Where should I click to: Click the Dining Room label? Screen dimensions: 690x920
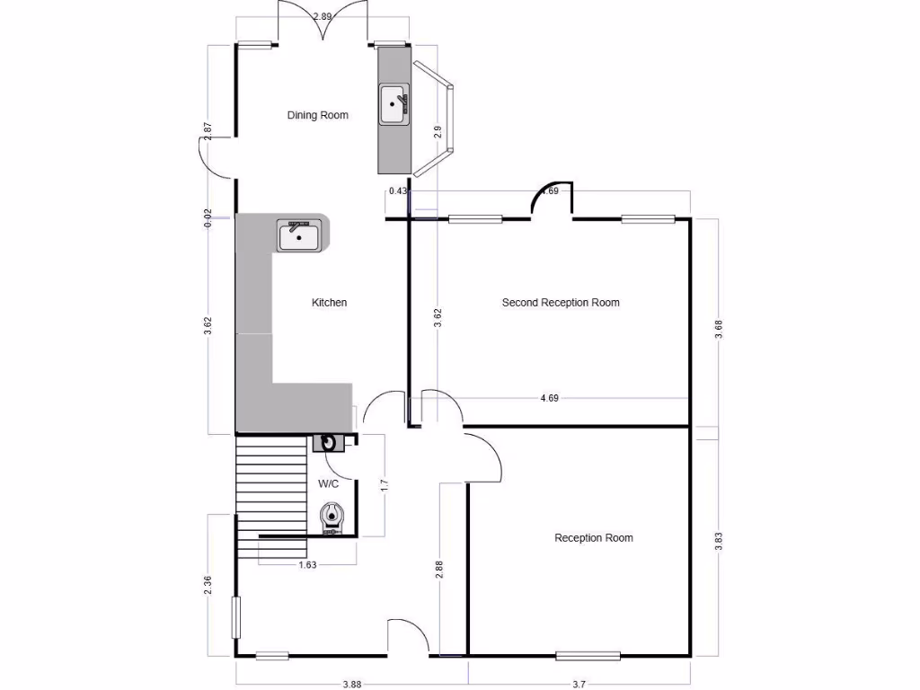tap(317, 115)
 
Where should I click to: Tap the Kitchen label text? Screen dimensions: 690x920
tap(329, 303)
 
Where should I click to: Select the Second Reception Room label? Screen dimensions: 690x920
tap(561, 303)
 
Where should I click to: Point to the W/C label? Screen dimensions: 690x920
tap(329, 483)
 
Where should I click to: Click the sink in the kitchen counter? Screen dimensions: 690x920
tap(298, 236)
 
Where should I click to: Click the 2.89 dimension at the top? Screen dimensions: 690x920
tap(323, 16)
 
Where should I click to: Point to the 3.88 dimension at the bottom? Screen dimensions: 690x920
tap(351, 685)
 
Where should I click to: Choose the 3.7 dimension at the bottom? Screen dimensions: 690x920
tap(579, 685)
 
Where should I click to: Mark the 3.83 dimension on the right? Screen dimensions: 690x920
tap(718, 542)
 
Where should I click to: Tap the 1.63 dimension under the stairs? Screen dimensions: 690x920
tap(307, 565)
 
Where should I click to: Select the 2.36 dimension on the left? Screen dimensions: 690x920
tap(208, 585)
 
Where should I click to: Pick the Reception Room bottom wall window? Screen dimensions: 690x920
tap(588, 655)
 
